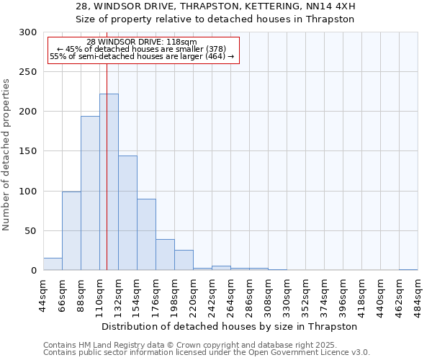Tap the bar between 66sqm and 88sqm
71,230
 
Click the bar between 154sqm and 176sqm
146,235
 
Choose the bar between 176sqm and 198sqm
165,255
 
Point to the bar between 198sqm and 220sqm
184,260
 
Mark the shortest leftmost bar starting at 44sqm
53,264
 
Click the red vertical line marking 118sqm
107,144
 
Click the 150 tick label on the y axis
28,152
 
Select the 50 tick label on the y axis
30,231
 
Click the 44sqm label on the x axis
43,293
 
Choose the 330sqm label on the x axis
287,293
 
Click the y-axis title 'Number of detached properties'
6,155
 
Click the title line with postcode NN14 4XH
215,6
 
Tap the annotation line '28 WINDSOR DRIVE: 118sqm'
141,42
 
